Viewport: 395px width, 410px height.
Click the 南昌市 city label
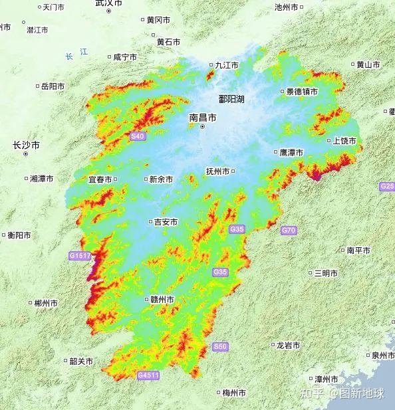tap(203, 117)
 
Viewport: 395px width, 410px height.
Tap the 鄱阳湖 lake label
tap(231, 99)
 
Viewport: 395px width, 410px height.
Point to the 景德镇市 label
tap(302, 92)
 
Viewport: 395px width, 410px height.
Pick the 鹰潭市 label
tap(291, 152)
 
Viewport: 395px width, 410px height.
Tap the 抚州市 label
tap(218, 171)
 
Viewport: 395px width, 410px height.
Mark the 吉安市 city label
tap(165, 222)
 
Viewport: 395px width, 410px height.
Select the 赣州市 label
tap(162, 300)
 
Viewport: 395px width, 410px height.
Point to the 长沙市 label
tap(26, 145)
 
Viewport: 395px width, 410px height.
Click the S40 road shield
tap(137, 136)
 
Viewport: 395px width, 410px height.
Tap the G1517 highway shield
tap(79, 255)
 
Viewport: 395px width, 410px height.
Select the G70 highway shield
tap(288, 230)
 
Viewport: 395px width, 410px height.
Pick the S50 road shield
tap(220, 347)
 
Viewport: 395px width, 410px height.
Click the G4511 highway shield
tap(148, 375)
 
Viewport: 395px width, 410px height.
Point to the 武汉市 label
tap(108, 3)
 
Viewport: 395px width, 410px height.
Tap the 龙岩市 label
tap(287, 346)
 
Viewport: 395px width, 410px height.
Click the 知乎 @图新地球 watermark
tap(343, 393)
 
